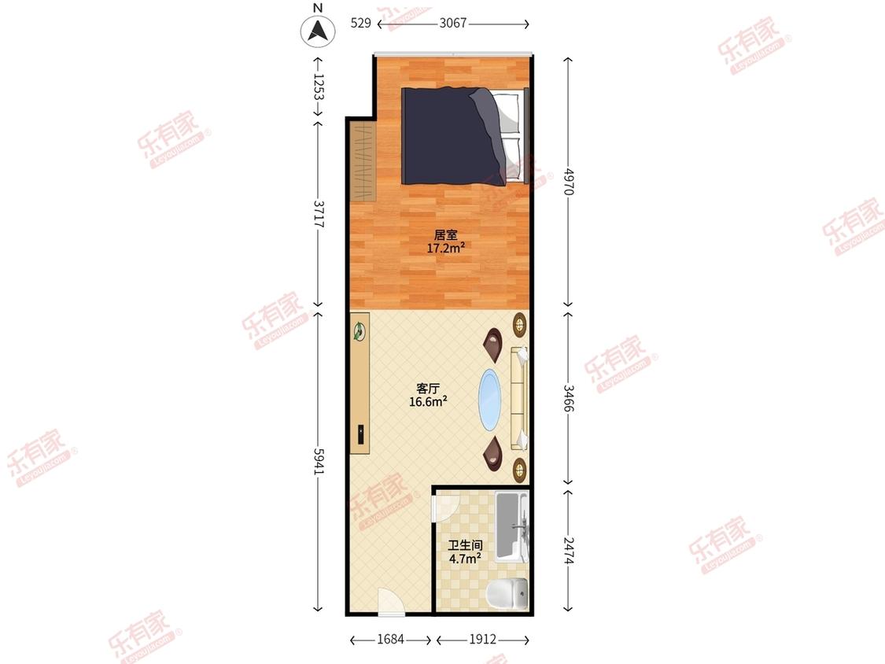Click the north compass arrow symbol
[318, 31]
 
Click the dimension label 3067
[453, 23]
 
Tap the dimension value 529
[361, 23]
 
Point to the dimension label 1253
[319, 87]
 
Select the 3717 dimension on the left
[319, 214]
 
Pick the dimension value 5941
[319, 461]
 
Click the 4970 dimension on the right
[568, 181]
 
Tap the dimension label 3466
[568, 399]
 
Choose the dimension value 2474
[568, 550]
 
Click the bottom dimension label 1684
[390, 639]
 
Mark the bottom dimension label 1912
[482, 639]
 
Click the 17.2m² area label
[446, 248]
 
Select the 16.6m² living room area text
[429, 401]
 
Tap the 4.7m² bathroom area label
[465, 559]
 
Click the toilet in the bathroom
[507, 593]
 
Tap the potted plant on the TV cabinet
[359, 331]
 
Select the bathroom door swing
[441, 509]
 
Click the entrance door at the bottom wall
[390, 601]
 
